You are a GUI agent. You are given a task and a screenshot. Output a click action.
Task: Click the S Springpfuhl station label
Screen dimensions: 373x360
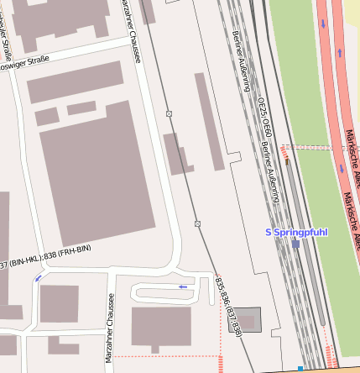tap(295, 232)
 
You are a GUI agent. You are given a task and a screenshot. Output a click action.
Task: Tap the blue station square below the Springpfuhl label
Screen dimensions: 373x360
tap(295, 244)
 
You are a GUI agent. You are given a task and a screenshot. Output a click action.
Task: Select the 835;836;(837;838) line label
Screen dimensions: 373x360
tap(227, 307)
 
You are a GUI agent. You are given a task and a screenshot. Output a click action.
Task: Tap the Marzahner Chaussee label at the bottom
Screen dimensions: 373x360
tap(110, 328)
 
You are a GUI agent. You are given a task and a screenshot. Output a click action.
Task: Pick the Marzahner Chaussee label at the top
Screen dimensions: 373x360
tap(132, 25)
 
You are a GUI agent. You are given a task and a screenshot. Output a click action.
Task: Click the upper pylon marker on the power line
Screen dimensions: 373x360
tap(169, 113)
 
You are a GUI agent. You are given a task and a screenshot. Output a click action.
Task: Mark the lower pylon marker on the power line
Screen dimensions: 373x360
tap(197, 223)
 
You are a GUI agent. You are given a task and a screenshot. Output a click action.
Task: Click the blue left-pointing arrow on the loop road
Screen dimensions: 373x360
tap(184, 287)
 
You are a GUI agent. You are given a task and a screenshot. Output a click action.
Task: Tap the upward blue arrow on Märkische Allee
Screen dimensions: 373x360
tap(340, 52)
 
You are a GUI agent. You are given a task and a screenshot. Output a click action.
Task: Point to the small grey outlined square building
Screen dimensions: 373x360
tap(250, 319)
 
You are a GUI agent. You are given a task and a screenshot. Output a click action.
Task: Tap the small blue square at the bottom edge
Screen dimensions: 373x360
tap(300, 368)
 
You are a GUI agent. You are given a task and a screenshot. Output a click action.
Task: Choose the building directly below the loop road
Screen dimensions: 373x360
tap(162, 328)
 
